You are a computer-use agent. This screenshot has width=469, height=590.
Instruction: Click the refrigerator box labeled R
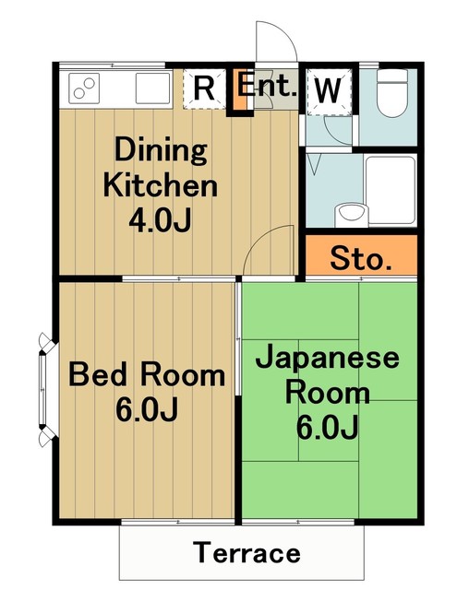(x=205, y=89)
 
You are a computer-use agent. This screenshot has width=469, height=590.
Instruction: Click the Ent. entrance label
(x=267, y=87)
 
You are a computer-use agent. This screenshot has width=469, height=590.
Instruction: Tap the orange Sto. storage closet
(x=360, y=259)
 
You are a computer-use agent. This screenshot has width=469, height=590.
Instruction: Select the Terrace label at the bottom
(x=247, y=553)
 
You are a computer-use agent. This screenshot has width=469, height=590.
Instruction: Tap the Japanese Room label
(x=327, y=375)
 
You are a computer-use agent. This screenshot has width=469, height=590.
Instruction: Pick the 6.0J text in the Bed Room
(x=147, y=410)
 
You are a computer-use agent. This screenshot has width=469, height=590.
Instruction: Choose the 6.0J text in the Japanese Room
(x=327, y=428)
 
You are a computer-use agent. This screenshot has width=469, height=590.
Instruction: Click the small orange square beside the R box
(x=239, y=89)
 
